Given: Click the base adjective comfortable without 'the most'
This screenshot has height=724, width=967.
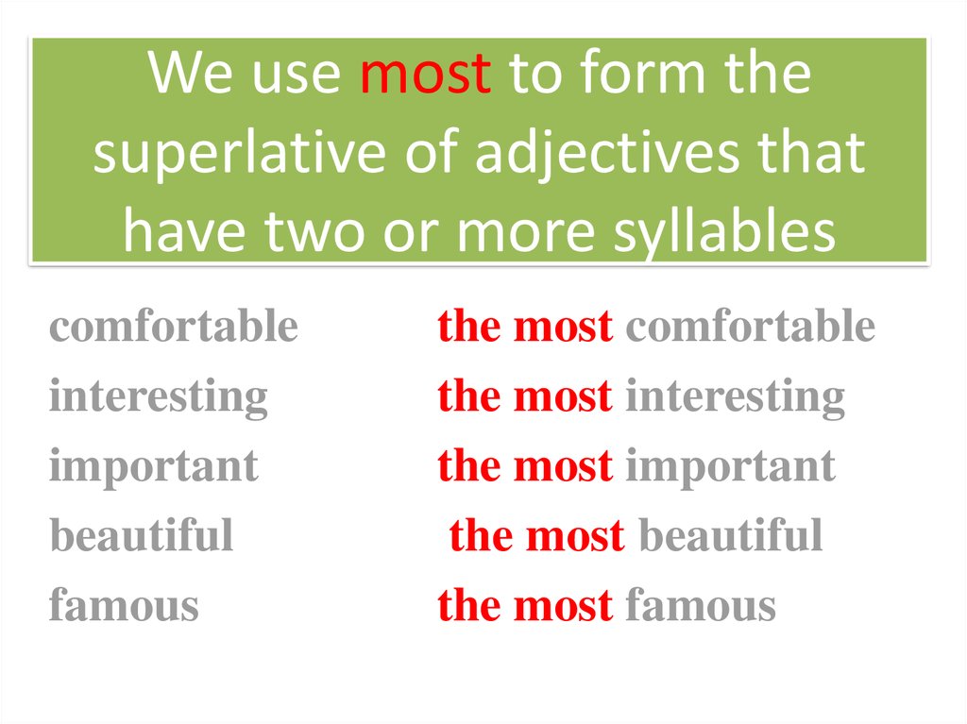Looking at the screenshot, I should coord(174,327).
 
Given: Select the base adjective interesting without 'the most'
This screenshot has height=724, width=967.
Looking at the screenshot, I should coord(159,396).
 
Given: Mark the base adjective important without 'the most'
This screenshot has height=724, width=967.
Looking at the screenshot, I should coord(153,466).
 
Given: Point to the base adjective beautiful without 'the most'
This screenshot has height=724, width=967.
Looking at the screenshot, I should coord(141,536).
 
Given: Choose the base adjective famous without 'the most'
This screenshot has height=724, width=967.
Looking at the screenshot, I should coord(124,606).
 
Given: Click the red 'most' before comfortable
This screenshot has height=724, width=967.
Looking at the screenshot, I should coord(563,327).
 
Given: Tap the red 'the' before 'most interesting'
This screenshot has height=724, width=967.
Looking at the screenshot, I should coord(469,396).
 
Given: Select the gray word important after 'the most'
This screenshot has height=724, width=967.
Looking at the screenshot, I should coord(730,466).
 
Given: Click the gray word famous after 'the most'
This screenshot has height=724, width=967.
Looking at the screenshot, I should coord(701,606).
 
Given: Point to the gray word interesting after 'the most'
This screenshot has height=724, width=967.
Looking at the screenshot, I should coord(735,396).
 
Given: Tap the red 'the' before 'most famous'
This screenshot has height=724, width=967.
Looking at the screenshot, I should coord(469,606).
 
